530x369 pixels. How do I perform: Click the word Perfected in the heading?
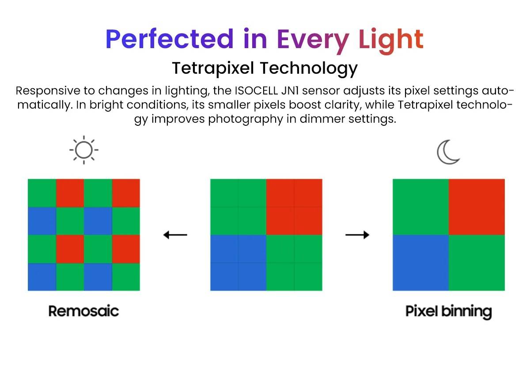[x=170, y=39]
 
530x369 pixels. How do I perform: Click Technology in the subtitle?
[x=309, y=69]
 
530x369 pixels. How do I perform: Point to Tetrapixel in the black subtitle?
[x=213, y=69]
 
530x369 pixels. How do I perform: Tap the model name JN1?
[x=290, y=90]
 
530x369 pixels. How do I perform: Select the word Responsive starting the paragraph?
[x=48, y=91]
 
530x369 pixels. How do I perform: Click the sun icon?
[x=84, y=150]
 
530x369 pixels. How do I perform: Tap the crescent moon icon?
[x=448, y=152]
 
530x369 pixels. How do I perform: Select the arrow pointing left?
[x=175, y=235]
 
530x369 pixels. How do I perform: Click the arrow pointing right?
[x=357, y=235]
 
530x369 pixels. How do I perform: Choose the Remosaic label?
[x=84, y=311]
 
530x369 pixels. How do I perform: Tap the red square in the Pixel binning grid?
[x=477, y=207]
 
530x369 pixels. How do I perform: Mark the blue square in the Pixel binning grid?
[x=420, y=263]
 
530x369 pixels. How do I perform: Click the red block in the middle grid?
[x=294, y=207]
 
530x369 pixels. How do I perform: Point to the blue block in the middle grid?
[x=238, y=263]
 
